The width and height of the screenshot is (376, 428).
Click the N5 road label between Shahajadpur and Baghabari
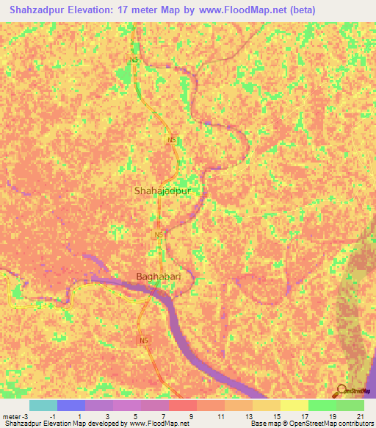pos(158,235)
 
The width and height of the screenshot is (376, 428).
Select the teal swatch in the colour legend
pos(43,405)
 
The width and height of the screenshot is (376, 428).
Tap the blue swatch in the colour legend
pos(70,405)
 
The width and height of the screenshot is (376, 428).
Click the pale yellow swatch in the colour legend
pos(294,405)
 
